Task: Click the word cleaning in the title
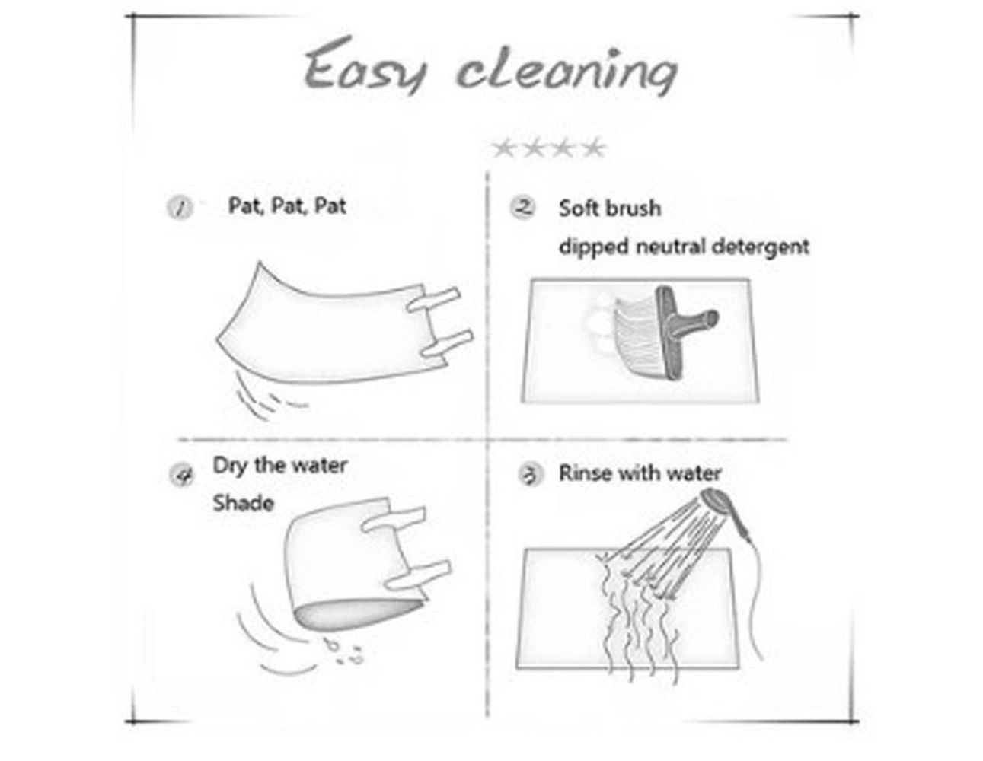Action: point(567,71)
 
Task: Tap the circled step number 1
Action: point(180,209)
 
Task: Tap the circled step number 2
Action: point(523,208)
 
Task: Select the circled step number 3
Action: point(530,475)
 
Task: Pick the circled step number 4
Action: point(182,475)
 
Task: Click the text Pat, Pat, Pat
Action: point(287,206)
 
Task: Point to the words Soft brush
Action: point(610,209)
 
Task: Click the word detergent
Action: point(761,247)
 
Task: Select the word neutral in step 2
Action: point(672,247)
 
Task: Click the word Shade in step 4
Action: point(244,503)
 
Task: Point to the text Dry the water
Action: point(280,466)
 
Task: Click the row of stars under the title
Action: point(549,148)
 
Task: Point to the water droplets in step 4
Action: point(345,651)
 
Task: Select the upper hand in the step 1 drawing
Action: point(433,300)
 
